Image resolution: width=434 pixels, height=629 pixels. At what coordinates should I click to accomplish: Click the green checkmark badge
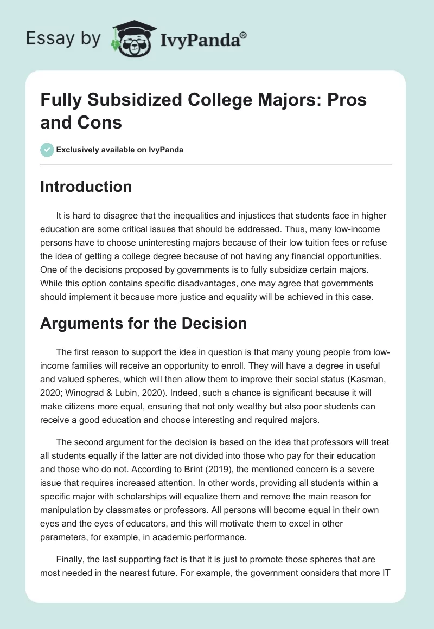point(47,150)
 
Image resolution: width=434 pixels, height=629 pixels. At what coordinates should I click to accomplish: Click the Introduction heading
point(86,187)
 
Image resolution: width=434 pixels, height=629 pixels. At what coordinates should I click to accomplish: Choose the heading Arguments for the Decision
point(143,324)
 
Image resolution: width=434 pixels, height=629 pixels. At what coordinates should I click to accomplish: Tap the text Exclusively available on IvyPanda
point(120,150)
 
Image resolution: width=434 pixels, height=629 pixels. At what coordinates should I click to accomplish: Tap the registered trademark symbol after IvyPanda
point(244,34)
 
